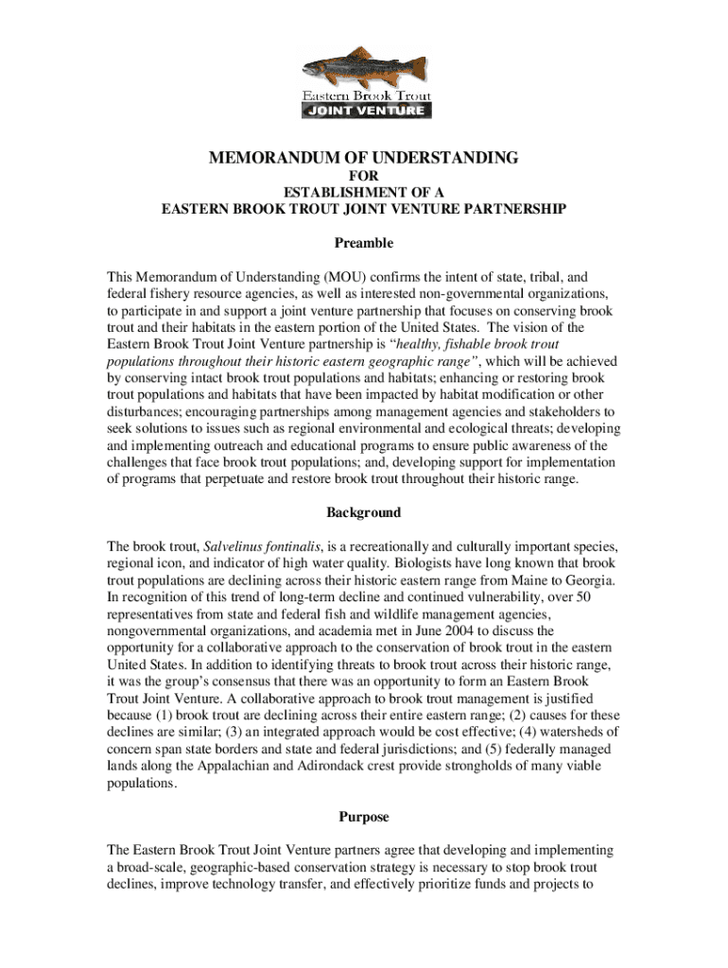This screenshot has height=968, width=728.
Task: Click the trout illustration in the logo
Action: (x=363, y=68)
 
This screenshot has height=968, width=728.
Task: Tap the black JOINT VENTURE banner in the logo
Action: (x=366, y=111)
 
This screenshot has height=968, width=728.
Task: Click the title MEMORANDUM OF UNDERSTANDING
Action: (x=363, y=158)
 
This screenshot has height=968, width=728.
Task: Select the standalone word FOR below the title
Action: (x=364, y=177)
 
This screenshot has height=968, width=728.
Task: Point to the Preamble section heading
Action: (x=364, y=243)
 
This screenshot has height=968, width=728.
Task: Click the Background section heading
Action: (x=364, y=512)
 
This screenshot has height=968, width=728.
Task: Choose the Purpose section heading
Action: (x=364, y=816)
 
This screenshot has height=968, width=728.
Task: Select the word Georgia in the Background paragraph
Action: (x=591, y=579)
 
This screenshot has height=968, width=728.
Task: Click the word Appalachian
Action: (x=249, y=766)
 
